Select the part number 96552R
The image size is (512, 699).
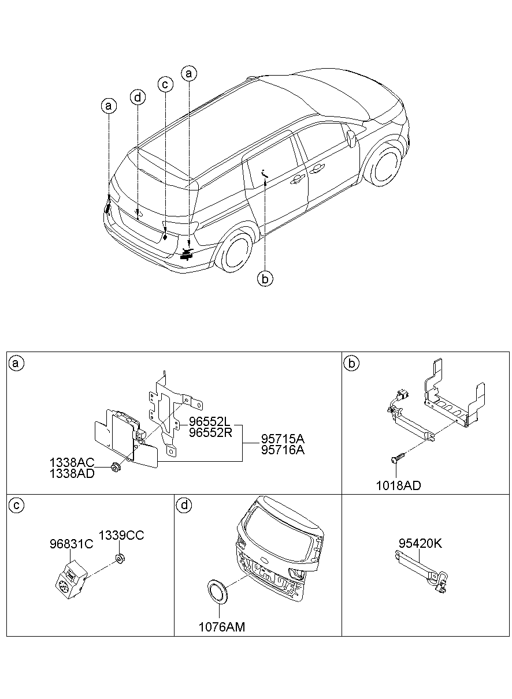coord(209,433)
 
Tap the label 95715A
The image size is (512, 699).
coord(282,439)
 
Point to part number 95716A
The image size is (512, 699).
coord(282,450)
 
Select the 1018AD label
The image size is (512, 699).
coord(399,485)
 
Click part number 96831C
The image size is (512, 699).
coord(72,543)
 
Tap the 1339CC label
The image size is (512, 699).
coord(121,535)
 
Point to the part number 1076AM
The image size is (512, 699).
coord(222,626)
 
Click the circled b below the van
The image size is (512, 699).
coord(265,279)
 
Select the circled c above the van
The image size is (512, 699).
coord(165,84)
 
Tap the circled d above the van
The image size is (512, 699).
coord(137,97)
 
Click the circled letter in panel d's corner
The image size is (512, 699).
coord(184,506)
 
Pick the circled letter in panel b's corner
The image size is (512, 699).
coord(351,363)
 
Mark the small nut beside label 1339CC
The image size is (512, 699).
coord(120,558)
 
